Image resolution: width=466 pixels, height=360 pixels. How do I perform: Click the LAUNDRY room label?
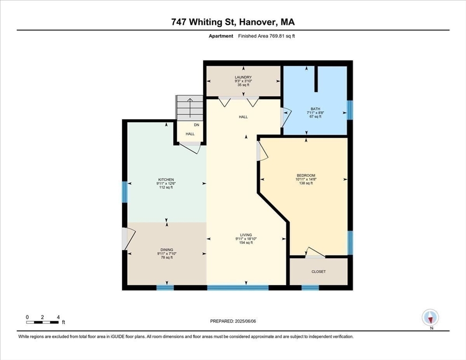[243, 77]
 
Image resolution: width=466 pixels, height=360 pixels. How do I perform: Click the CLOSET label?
[318, 271]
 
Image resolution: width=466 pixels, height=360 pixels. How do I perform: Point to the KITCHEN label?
[166, 180]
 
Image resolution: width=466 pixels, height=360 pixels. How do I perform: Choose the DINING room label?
[166, 249]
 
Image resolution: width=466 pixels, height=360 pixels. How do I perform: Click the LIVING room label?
[246, 235]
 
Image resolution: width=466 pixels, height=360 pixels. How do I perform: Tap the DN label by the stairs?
[197, 125]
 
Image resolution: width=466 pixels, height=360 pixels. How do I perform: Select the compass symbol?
[430, 318]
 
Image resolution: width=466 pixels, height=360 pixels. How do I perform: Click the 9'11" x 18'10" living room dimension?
[246, 239]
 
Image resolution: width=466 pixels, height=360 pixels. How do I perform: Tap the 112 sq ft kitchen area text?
[166, 187]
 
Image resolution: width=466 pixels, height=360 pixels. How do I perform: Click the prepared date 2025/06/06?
[233, 321]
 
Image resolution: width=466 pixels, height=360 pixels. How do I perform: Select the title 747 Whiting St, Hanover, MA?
[233, 22]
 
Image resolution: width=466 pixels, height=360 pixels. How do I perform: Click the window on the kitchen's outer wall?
[125, 192]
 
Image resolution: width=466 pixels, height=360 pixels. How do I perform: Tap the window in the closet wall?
[310, 287]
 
